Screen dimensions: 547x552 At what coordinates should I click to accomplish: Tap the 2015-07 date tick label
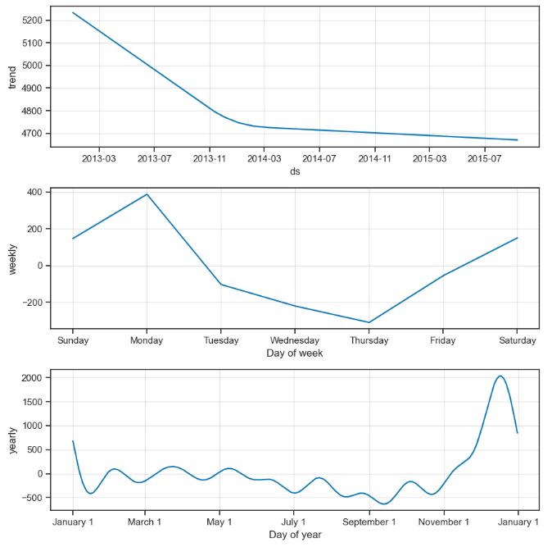(x=485, y=158)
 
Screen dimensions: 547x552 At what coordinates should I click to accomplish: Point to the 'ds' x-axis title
(x=294, y=171)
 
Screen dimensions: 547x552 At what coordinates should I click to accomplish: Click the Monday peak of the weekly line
(x=147, y=194)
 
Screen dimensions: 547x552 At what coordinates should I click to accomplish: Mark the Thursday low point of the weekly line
(x=369, y=322)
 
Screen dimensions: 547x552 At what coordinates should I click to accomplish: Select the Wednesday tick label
(x=295, y=340)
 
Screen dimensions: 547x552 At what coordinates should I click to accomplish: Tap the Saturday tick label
(x=517, y=340)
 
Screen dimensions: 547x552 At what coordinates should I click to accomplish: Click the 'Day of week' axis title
(x=294, y=353)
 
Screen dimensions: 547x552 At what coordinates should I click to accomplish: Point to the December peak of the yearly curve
(x=500, y=376)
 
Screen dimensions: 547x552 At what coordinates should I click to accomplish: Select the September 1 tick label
(x=369, y=522)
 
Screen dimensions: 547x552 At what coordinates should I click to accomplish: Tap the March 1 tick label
(x=144, y=522)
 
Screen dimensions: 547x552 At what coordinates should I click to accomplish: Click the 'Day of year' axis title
(x=294, y=535)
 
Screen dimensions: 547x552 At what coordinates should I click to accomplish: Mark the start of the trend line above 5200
(x=73, y=12)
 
